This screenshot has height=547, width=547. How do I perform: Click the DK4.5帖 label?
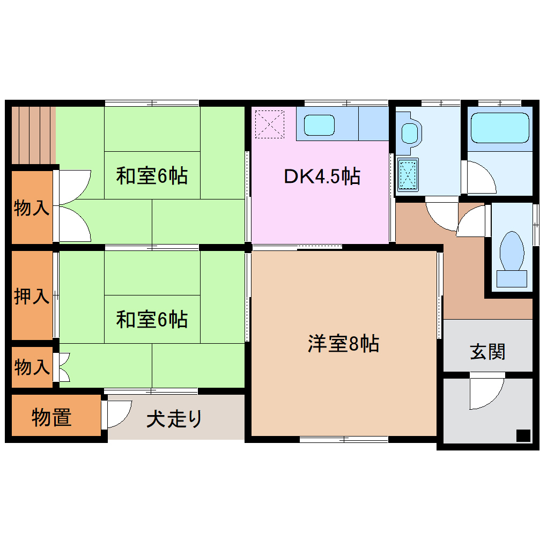click(322, 176)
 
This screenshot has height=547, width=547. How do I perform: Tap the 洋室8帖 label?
click(343, 344)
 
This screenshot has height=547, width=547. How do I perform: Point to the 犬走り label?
click(175, 419)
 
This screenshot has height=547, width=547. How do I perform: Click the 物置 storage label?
click(51, 417)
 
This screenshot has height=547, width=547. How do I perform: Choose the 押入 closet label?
click(32, 296)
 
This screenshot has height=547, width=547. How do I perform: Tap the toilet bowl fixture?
click(512, 252)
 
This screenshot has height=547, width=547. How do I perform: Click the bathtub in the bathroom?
click(499, 127)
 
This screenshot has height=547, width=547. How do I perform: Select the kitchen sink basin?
click(319, 125)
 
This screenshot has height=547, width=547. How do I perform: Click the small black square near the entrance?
click(523, 435)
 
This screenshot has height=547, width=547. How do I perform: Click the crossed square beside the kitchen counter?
click(270, 124)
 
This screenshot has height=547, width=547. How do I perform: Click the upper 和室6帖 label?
click(152, 175)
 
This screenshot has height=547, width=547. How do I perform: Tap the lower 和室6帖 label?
click(152, 320)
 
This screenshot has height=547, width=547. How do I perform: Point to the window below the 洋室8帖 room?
click(344, 439)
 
